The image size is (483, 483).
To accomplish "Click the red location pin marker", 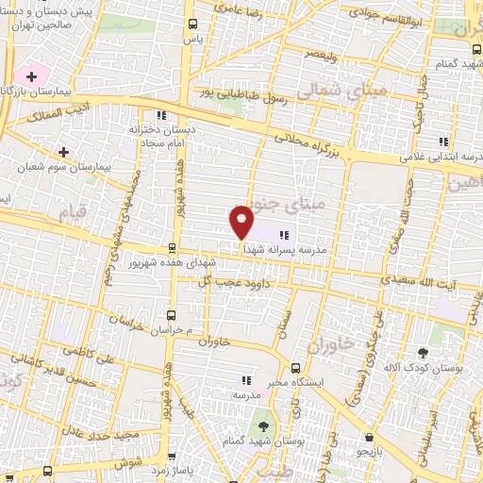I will [x=241, y=221].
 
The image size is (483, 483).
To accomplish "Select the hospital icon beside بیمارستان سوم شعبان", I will [x=63, y=151].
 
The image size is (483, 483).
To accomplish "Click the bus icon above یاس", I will [x=193, y=24].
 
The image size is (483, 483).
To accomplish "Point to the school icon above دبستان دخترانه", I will [x=161, y=116].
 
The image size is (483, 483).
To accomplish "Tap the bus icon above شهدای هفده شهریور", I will [x=171, y=249].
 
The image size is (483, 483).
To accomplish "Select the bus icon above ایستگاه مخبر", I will [x=296, y=368].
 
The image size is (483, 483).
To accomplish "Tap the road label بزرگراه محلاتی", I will [x=311, y=142].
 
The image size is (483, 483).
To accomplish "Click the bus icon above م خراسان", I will [x=171, y=315].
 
